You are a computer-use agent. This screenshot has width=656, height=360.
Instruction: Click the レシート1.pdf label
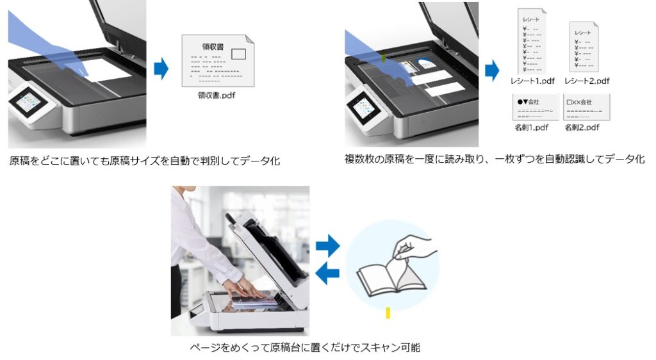point(530,81)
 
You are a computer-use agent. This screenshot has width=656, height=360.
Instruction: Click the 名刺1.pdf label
point(530,127)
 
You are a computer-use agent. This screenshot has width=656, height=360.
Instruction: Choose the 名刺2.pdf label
point(582,127)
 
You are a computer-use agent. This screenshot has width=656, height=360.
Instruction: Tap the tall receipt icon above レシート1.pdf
point(531,42)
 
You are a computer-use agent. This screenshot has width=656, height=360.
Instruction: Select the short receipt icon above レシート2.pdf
point(584,47)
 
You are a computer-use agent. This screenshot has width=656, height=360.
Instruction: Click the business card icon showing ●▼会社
point(531,108)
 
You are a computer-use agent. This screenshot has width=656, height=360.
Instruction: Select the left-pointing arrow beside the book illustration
point(327,274)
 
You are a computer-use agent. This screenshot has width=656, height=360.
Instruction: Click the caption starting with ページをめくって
point(305,348)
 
